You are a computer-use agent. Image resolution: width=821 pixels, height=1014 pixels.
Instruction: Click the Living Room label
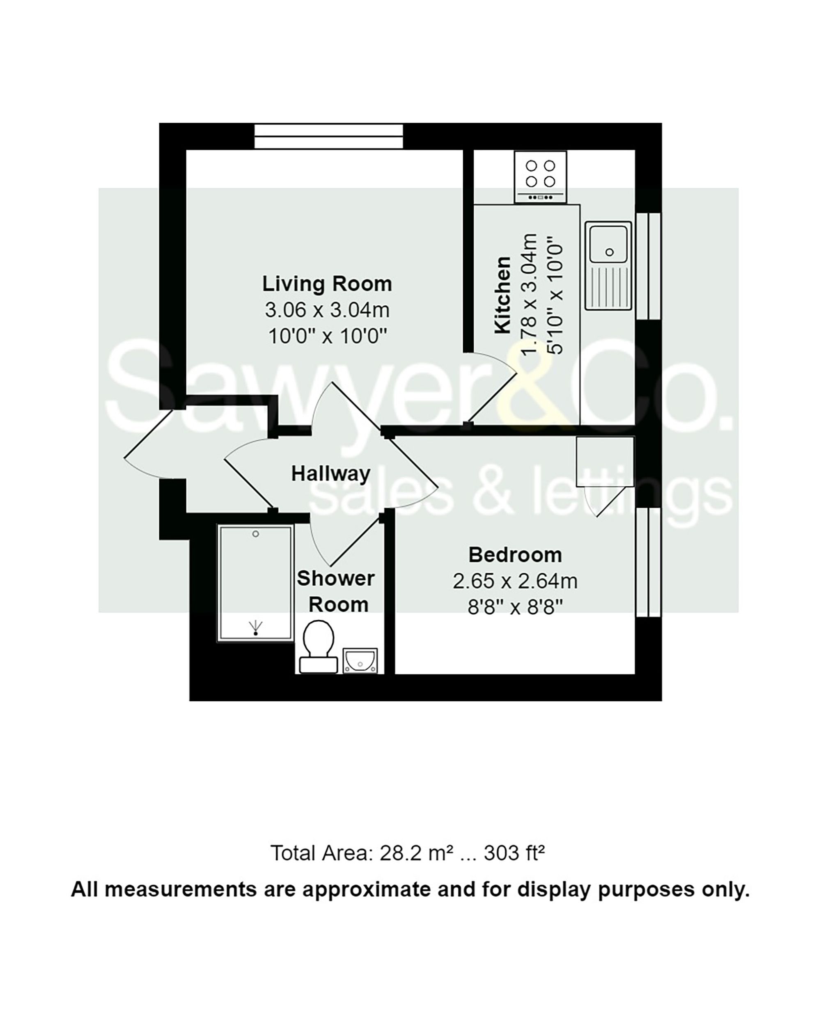point(327,284)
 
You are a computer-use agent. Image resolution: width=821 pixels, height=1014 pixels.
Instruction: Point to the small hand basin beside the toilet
point(360,660)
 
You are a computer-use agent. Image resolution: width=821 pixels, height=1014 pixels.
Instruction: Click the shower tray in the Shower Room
point(255,584)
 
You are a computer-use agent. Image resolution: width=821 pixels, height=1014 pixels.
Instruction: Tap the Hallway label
point(330,474)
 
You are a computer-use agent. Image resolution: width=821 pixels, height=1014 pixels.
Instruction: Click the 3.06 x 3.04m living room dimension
point(327,311)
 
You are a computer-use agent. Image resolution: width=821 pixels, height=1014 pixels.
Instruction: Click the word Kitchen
point(503,295)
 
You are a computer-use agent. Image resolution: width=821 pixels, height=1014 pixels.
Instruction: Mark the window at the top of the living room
point(328,136)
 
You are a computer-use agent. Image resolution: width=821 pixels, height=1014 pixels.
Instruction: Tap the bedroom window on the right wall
point(647,562)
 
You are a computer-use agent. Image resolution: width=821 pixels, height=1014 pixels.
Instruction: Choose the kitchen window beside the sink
point(647,266)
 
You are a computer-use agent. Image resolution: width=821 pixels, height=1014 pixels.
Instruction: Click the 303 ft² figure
point(514,854)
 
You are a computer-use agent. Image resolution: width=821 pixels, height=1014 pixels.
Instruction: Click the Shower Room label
point(336,591)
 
